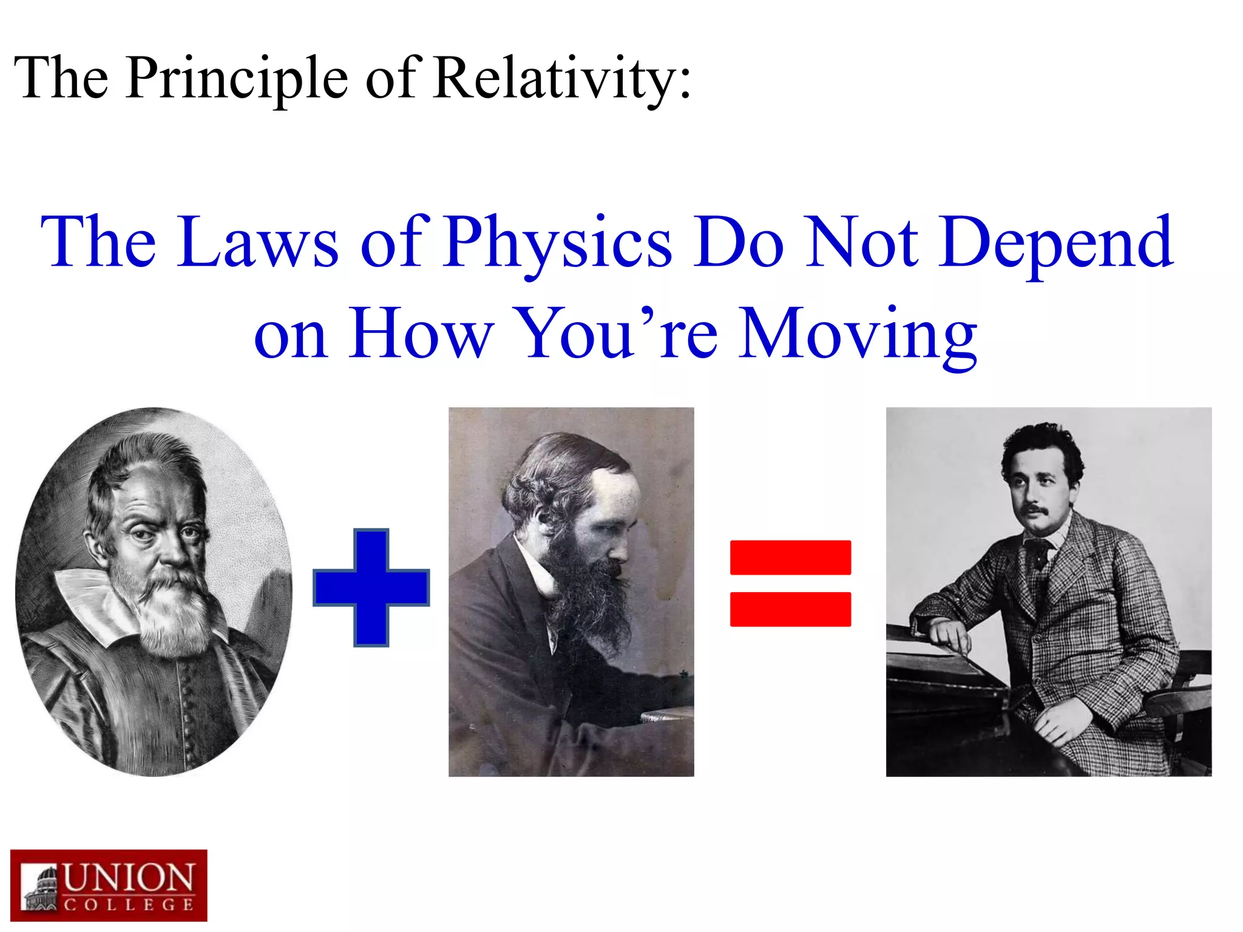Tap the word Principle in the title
tap(237, 79)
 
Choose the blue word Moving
tap(858, 334)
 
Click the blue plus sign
tap(371, 587)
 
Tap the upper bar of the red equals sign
tap(790, 557)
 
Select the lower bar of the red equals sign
tap(790, 609)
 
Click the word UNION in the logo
tap(129, 878)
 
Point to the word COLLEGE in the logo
tap(129, 905)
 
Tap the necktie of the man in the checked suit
tap(1039, 553)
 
